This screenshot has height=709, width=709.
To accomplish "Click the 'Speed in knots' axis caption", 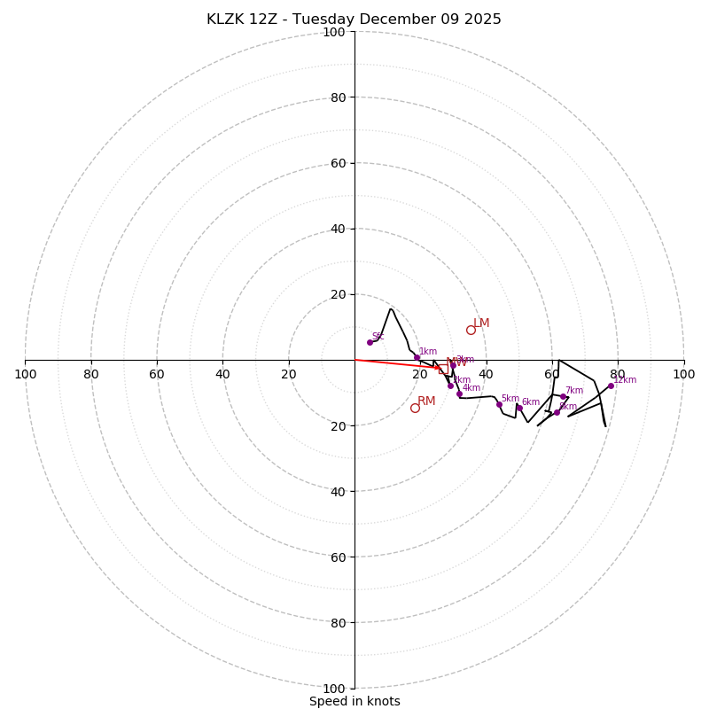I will (354, 701).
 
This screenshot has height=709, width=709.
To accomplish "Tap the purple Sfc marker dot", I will (370, 342).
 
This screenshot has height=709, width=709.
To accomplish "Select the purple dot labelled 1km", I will (417, 357).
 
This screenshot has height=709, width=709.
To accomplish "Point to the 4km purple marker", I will (459, 393).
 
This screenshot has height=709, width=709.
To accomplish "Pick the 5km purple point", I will (499, 404).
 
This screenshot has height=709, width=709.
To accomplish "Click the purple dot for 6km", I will (518, 408).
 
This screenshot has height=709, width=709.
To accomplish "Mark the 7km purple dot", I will (563, 396).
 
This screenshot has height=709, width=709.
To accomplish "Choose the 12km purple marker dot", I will (611, 386).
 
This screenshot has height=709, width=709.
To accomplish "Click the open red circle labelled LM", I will (471, 330).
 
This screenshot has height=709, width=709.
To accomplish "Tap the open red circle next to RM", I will (415, 408).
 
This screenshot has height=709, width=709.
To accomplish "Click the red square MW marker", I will (442, 369).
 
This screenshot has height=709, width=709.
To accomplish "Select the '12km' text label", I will (626, 379).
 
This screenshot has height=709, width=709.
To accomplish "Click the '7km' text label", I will (574, 390).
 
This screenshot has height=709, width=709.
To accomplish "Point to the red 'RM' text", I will (426, 401).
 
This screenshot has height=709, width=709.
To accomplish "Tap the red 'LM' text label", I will (481, 323).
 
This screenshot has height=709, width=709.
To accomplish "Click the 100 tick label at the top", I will (334, 33).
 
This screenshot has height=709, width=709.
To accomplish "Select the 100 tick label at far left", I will (26, 374).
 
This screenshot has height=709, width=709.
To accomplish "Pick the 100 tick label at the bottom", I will (334, 688).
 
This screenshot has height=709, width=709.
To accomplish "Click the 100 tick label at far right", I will (683, 374).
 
